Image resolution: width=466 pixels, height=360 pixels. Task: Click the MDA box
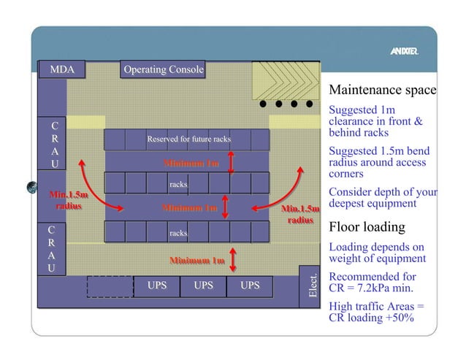pyautogui.click(x=61, y=70)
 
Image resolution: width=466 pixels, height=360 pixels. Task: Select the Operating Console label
pyautogui.click(x=163, y=70)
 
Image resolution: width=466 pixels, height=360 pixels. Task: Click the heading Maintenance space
pyautogui.click(x=382, y=91)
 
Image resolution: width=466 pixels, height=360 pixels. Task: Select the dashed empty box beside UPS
pyautogui.click(x=110, y=286)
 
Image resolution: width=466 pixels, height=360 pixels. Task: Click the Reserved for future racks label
pyautogui.click(x=188, y=139)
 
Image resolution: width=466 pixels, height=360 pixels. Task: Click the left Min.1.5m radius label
pyautogui.click(x=69, y=200)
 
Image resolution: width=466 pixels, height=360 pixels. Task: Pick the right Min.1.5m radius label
pyautogui.click(x=300, y=215)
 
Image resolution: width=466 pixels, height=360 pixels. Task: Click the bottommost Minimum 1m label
pyautogui.click(x=196, y=261)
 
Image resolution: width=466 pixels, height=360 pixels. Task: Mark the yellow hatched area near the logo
pyautogui.click(x=285, y=79)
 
